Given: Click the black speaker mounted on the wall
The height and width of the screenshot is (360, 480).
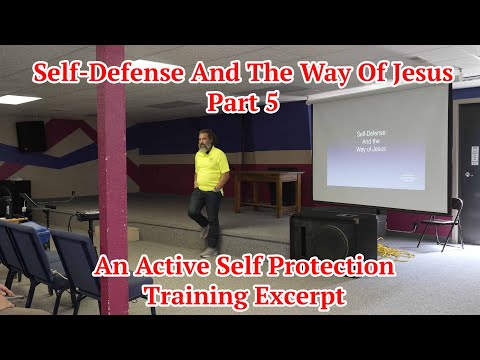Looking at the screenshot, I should pos(31,136).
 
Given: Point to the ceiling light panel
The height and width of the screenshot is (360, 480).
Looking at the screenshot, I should pos(18,99).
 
